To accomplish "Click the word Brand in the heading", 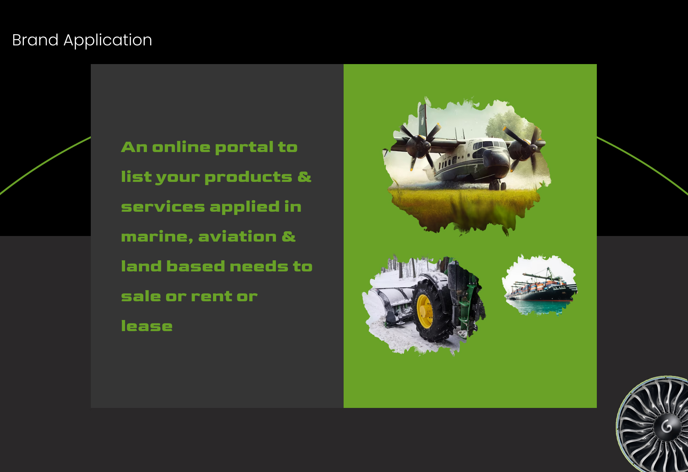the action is coord(35,40).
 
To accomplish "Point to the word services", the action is coord(163,207).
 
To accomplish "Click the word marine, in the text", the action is coord(157,237).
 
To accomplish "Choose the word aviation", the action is coord(237,236).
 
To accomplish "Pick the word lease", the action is coord(147,326).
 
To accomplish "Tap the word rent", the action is coord(211,296).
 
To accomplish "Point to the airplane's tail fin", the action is coord(422,119).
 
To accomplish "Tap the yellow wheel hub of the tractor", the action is coord(425,311).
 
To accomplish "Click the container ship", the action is coord(540,288).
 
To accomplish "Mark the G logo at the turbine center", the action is coord(667,427).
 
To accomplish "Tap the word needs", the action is coord(258,266).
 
